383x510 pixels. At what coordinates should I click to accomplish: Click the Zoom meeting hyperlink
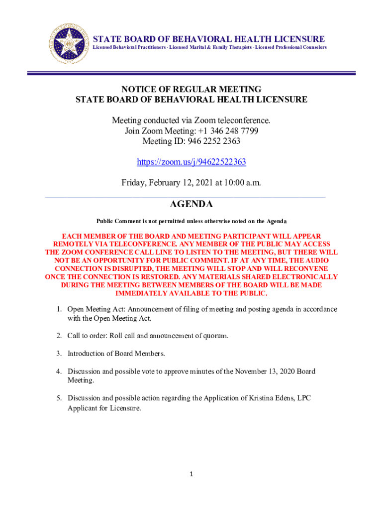191,162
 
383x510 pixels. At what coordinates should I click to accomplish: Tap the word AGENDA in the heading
191,204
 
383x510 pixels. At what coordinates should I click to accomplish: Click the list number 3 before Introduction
58,354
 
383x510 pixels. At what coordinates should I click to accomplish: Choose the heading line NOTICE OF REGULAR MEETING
191,89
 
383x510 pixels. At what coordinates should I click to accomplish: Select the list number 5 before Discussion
58,398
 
